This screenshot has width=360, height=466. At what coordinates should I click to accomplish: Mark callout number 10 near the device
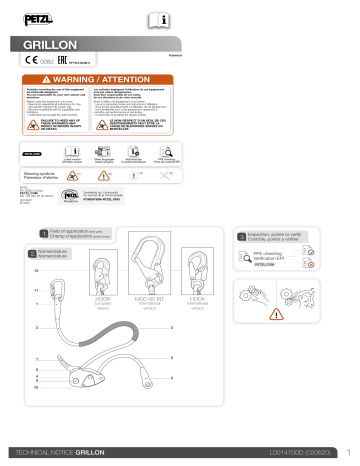(37, 385)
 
